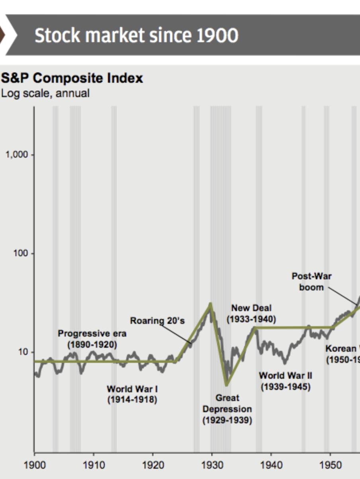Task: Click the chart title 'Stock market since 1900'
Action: pos(136,36)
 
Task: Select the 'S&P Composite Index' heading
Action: pos(72,78)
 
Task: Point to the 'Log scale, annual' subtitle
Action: pos(45,93)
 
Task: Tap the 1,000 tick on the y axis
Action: pos(17,155)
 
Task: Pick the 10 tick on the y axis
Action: pos(23,352)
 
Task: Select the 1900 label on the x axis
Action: pos(34,465)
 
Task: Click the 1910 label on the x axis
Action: pos(94,465)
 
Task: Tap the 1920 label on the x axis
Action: pos(153,465)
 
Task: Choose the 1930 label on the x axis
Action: pos(212,465)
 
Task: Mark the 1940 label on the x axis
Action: pos(271,465)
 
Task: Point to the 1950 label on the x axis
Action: pos(330,465)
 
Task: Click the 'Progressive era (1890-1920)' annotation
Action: pos(92,339)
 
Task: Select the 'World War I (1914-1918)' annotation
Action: pos(132,394)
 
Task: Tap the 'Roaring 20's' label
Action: pos(157,321)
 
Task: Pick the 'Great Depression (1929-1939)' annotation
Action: pos(227,409)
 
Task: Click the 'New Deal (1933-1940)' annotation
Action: pos(251,313)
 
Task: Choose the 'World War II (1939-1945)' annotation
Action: pos(286,381)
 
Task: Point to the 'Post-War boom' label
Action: pos(311,281)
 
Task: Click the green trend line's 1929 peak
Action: pos(211,304)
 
